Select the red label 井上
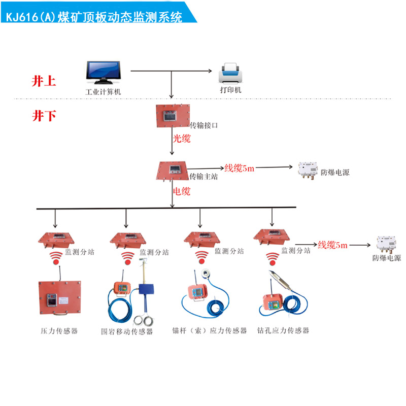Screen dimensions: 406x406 [44, 81]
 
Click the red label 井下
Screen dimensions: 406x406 [44, 116]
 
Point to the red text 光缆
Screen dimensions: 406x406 [182, 138]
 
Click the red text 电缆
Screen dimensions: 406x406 [182, 191]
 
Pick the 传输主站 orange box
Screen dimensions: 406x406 [174, 171]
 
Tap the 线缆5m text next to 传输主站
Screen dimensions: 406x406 [239, 168]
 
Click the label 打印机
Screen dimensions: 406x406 [230, 90]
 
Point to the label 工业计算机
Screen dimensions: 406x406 [104, 92]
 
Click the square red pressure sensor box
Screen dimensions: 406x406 [53, 299]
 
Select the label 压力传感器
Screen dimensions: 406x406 [59, 331]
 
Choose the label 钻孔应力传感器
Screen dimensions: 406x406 [283, 330]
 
